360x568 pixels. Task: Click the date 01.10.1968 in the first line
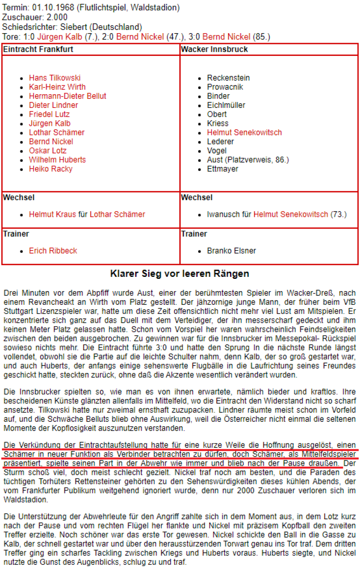pyautogui.click(x=51, y=8)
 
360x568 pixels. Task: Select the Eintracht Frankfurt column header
pyautogui.click(x=38, y=49)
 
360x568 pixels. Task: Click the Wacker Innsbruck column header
pyautogui.click(x=214, y=49)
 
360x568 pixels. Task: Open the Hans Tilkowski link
pyautogui.click(x=54, y=78)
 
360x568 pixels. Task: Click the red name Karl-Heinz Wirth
pyautogui.click(x=57, y=87)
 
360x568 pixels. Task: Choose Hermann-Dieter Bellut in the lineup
pyautogui.click(x=68, y=96)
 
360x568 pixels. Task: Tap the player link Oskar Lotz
pyautogui.click(x=47, y=151)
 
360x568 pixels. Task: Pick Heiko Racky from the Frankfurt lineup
pyautogui.click(x=51, y=169)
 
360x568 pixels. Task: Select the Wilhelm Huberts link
pyautogui.click(x=57, y=160)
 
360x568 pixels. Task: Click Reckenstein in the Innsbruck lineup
pyautogui.click(x=228, y=78)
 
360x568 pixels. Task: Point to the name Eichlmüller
pyautogui.click(x=226, y=105)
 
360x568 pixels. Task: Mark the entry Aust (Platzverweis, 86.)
pyautogui.click(x=248, y=160)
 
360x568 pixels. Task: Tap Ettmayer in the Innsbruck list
pyautogui.click(x=223, y=169)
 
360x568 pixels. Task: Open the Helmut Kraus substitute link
pyautogui.click(x=53, y=214)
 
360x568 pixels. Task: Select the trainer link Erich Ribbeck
pyautogui.click(x=53, y=250)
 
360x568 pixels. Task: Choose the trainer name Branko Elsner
pyautogui.click(x=231, y=250)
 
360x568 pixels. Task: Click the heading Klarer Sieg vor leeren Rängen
pyautogui.click(x=180, y=274)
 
